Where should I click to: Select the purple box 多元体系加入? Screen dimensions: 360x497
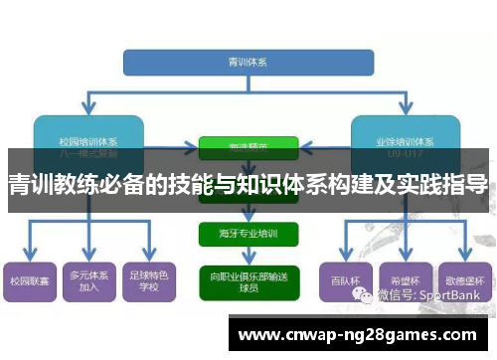(x=88, y=281)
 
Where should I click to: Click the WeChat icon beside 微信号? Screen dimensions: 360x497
(x=369, y=294)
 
